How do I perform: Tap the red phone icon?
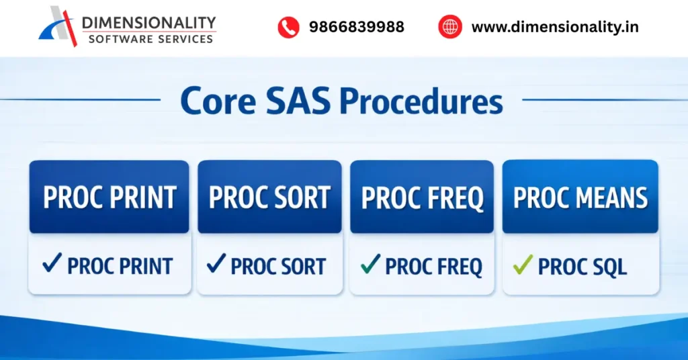click(288, 28)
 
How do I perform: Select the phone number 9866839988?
click(356, 28)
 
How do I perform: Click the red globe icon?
click(450, 28)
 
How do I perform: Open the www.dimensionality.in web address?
click(555, 28)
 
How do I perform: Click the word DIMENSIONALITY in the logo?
click(148, 23)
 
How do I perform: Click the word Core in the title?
click(217, 101)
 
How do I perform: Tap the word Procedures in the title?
click(421, 101)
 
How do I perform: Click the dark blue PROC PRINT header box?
click(110, 197)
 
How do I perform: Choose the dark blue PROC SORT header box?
click(269, 197)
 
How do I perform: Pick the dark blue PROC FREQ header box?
click(422, 197)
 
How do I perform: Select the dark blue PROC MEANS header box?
click(580, 197)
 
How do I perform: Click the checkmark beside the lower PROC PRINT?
click(52, 265)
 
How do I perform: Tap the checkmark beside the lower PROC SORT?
click(216, 265)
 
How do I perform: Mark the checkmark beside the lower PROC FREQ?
click(370, 265)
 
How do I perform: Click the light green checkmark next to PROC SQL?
click(523, 265)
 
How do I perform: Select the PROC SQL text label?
click(582, 267)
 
